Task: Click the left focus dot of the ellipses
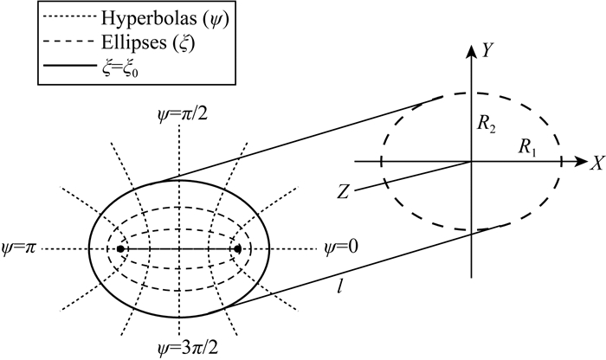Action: [x=120, y=249]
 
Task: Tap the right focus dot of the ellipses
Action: [x=236, y=249]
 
